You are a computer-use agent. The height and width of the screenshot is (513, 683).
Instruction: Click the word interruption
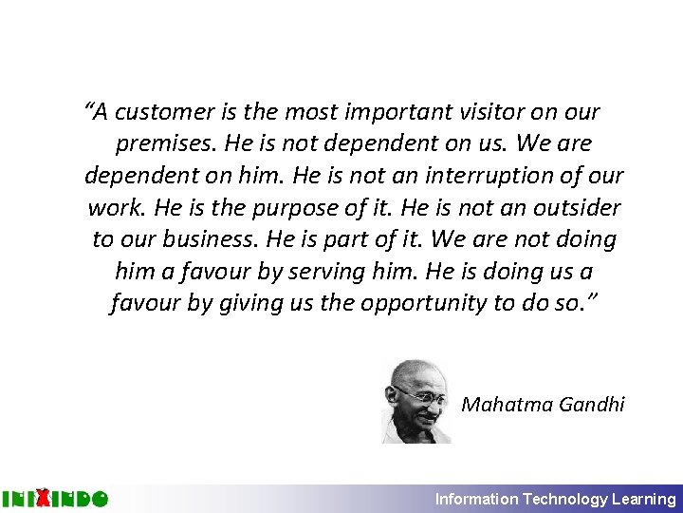coord(493,176)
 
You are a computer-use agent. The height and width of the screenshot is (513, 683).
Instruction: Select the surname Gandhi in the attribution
coord(592,405)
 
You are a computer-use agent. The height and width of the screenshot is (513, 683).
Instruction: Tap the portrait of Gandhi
coord(417,400)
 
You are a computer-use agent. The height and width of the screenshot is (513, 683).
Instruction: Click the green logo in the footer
coord(54,498)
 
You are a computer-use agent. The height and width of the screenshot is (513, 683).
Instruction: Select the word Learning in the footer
coord(644,499)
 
